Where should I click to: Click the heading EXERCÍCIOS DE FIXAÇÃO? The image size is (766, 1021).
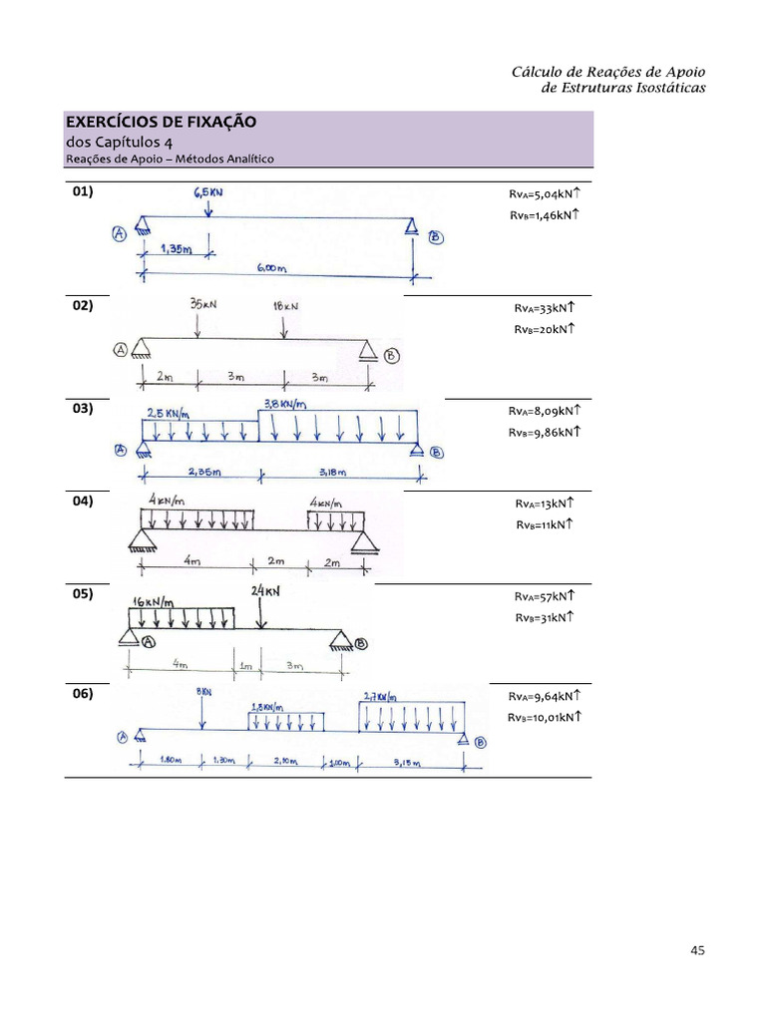coord(161,122)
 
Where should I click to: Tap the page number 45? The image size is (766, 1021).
coord(697,950)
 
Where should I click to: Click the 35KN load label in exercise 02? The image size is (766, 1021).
coord(200,304)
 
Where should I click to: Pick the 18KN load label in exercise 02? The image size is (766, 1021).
coord(286,306)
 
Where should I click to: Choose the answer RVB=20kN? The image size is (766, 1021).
coord(545,329)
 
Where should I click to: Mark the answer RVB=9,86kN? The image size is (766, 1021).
coord(545,433)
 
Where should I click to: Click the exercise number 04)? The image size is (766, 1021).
coord(83,502)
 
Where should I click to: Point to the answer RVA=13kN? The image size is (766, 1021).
coord(545,504)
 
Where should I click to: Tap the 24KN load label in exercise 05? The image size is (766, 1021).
coord(265,591)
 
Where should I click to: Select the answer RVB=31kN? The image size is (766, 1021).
coord(545,618)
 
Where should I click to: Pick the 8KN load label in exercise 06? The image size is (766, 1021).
coord(202,690)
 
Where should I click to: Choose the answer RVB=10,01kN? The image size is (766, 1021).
coord(545,717)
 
